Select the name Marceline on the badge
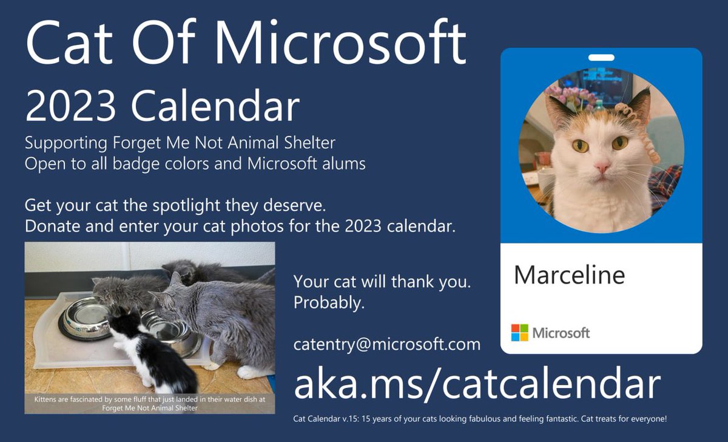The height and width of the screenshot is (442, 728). [569, 275]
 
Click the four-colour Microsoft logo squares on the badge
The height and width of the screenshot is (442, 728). [519, 333]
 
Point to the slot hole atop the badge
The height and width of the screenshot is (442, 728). [601, 58]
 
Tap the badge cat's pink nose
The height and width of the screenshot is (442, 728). [602, 166]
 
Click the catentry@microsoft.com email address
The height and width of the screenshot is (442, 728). [387, 344]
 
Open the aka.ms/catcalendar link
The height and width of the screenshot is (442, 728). [477, 384]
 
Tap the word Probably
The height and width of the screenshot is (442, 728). [329, 302]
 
